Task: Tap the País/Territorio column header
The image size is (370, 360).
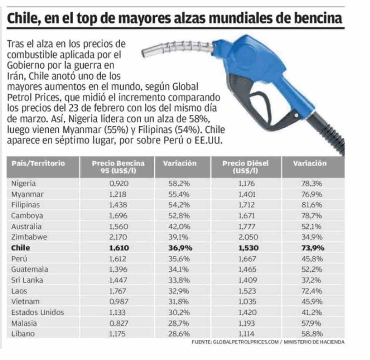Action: [38, 163]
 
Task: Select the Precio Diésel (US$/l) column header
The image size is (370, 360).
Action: [246, 167]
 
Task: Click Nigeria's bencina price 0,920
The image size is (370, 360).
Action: [119, 184]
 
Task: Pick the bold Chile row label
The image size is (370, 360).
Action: [21, 248]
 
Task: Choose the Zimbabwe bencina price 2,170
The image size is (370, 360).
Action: [118, 237]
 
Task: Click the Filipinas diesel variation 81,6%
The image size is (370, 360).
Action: [312, 205]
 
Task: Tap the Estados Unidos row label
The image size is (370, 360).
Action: [38, 312]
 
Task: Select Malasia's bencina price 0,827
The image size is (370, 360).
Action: [119, 323]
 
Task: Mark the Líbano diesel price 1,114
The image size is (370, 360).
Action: [247, 334]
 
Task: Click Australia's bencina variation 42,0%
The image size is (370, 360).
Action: [179, 226]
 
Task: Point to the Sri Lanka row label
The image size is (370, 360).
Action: [27, 280]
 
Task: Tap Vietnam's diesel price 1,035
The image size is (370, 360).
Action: [247, 302]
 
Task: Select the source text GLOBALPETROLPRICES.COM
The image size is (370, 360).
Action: [246, 342]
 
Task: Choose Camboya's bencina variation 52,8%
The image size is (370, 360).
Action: [179, 216]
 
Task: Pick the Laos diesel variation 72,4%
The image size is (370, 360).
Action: [312, 291]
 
